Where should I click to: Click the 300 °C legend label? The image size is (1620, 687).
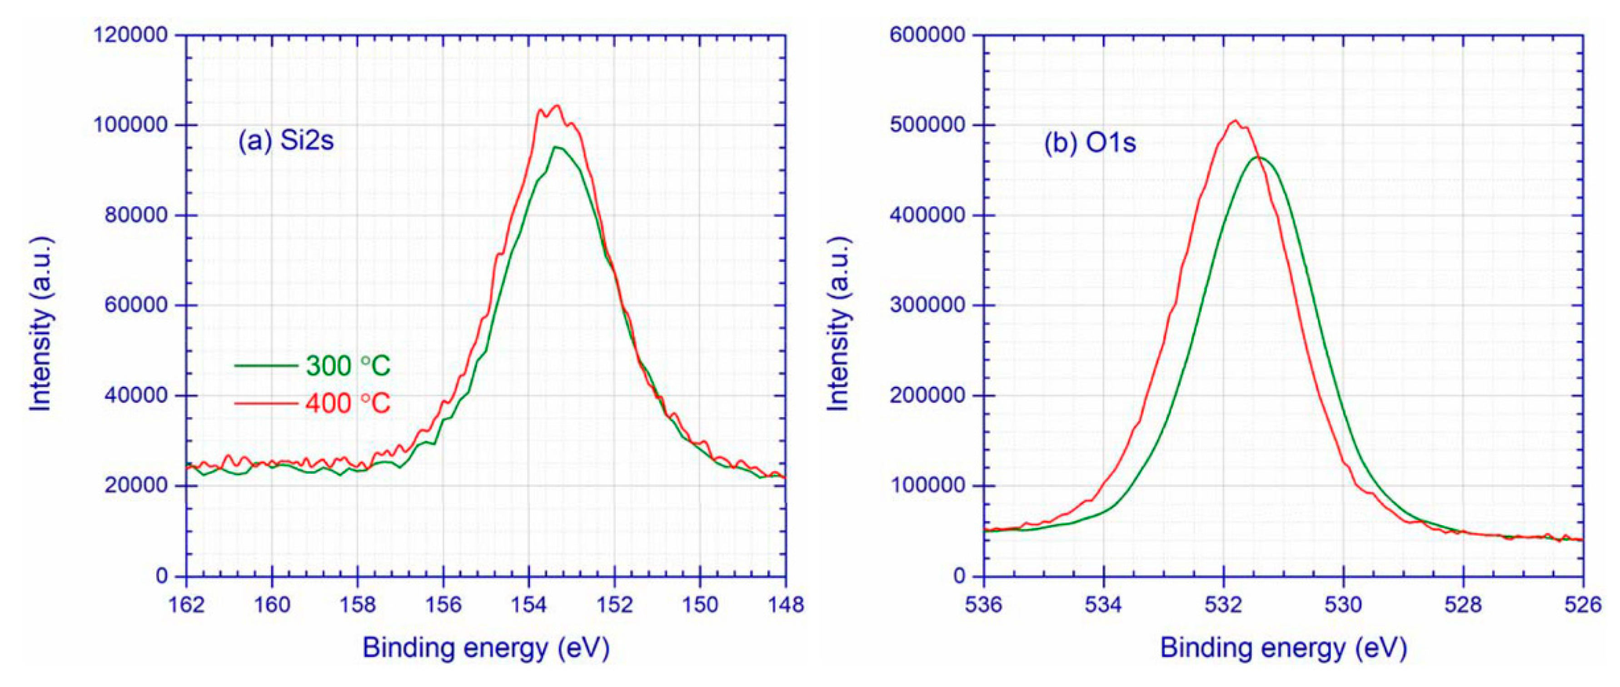pos(348,366)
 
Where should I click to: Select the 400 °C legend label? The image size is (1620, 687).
pos(348,403)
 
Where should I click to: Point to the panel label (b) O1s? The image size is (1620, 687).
pos(1090,143)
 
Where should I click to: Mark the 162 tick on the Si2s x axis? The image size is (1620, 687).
pos(187,605)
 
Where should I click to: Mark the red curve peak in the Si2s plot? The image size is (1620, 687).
pos(556,105)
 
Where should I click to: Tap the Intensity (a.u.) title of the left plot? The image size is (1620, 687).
pos(41,325)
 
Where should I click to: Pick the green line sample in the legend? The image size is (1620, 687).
pos(266,366)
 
